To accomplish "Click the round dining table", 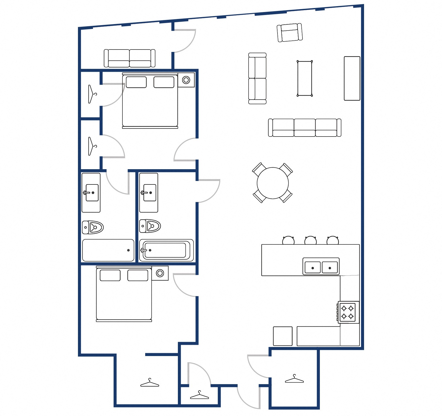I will coord(272,183).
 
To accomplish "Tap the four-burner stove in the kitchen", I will coord(347,312).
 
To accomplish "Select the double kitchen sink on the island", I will coord(321,267).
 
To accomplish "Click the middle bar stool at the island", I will coord(310,240).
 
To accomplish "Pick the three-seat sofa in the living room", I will coord(305,128).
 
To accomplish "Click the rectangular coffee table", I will coord(305,78).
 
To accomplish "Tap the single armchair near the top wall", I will coord(290,33).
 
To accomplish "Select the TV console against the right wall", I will coord(352,78).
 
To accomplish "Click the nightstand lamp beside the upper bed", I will coord(186,80).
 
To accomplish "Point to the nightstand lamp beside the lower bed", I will coord(160,273).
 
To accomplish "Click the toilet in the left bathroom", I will coord(93,227).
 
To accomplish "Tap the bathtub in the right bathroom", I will coord(166,250).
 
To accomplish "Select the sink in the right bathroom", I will coord(149,192).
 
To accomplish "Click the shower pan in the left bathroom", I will coord(108,250).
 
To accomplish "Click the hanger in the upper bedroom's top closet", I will coord(92,94).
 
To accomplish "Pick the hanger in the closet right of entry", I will coord(294,379).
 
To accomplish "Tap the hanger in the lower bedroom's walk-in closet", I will coord(150,383).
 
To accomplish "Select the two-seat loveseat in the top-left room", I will coord(129,58).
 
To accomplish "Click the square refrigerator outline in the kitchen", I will coord(283,336).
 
